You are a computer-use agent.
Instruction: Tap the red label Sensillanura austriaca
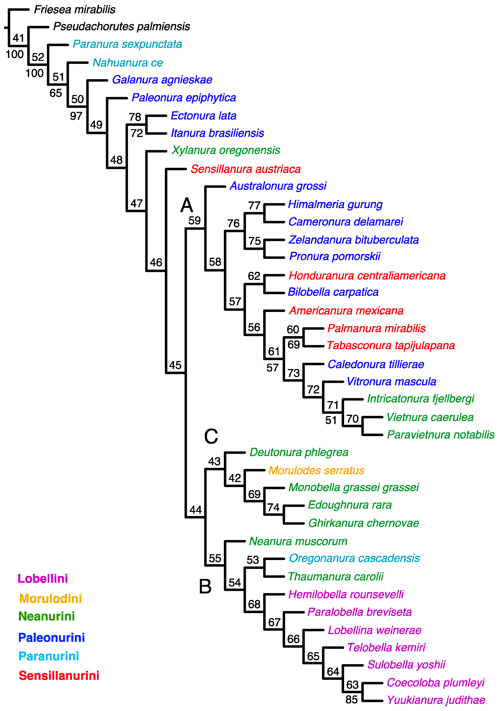[x=245, y=169]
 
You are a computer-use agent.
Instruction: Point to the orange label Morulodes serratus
[x=316, y=470]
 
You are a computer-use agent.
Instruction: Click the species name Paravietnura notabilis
[x=440, y=435]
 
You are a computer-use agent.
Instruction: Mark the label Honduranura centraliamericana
[x=367, y=276]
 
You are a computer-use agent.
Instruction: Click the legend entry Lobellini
[x=43, y=579]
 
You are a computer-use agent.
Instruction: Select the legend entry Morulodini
[x=50, y=599]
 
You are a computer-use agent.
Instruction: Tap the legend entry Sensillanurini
[x=59, y=676]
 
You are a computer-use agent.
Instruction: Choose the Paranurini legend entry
[x=49, y=656]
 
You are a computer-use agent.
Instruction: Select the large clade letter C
[x=211, y=436]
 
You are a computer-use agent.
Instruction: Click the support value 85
[x=351, y=699]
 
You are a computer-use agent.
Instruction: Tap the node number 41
[x=19, y=38]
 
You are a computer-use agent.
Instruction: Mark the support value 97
[x=76, y=116]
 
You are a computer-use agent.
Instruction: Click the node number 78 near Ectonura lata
[x=135, y=117]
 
